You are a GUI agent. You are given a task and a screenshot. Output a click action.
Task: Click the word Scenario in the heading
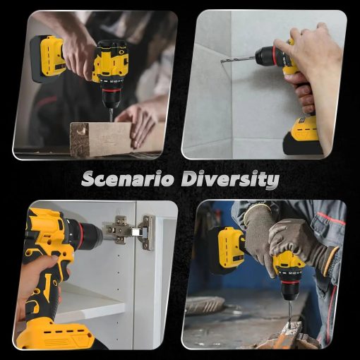click(x=128, y=179)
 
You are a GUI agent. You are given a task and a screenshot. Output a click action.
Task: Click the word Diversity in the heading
click(x=230, y=180)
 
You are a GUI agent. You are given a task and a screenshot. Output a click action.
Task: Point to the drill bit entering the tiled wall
click(x=238, y=59)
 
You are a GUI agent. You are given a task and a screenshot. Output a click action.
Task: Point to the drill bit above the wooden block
click(x=110, y=114)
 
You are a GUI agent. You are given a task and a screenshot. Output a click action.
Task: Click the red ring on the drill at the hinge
click(x=82, y=233)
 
